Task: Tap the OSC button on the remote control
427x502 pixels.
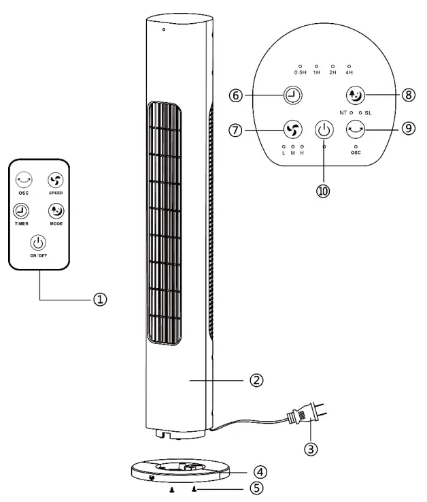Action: pos(24,181)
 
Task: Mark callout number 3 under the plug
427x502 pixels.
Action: pos(311,448)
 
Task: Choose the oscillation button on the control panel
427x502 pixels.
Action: pos(356,128)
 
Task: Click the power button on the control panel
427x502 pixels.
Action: pos(324,129)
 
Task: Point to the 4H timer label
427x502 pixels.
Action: pos(349,72)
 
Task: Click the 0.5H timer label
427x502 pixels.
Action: pos(300,72)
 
